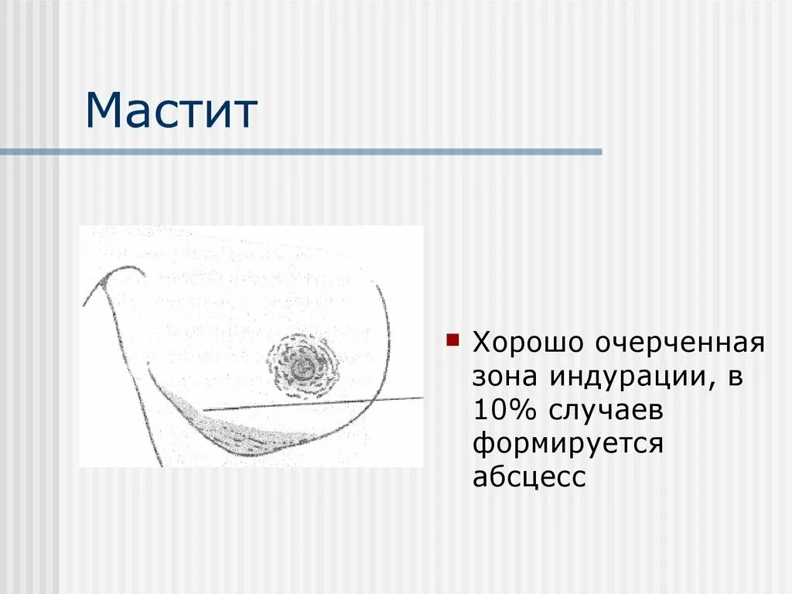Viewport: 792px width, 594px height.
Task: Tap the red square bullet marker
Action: [454, 338]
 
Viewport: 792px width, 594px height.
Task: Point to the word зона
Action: [506, 377]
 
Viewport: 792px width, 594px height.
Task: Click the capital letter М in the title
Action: [104, 111]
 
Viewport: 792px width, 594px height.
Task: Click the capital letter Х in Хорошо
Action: [482, 343]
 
